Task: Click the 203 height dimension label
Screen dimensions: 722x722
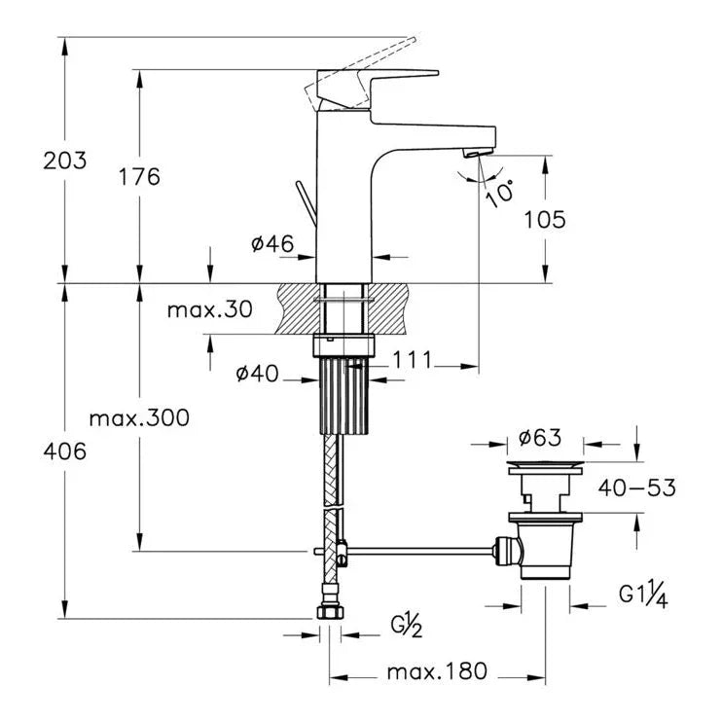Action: (x=64, y=161)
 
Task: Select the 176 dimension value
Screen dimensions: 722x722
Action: (x=139, y=176)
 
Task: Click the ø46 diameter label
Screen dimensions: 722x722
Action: (x=272, y=245)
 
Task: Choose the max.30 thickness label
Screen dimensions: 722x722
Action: (x=209, y=310)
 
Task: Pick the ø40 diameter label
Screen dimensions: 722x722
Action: (x=258, y=373)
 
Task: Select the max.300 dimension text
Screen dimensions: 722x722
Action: (x=139, y=418)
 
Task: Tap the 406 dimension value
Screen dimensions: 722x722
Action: (x=64, y=451)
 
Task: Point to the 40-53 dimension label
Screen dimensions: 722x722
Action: (x=637, y=487)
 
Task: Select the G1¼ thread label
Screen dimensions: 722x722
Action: (x=642, y=595)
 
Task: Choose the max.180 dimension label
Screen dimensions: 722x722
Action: (x=437, y=672)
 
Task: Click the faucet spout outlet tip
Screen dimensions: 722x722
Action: (x=478, y=151)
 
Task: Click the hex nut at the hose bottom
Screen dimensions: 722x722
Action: (x=330, y=612)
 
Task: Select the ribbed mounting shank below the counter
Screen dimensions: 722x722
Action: (x=345, y=395)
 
